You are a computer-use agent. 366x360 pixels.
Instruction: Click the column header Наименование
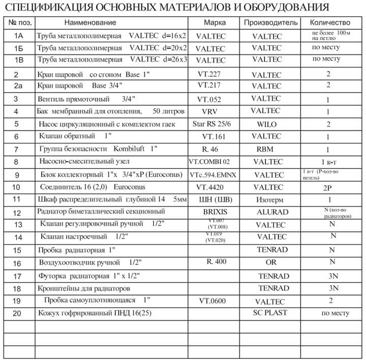click(x=90, y=23)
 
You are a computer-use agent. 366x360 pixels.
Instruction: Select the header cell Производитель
click(x=270, y=23)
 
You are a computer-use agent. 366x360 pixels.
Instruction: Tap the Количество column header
click(x=330, y=23)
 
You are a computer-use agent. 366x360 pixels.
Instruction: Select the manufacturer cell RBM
click(x=265, y=149)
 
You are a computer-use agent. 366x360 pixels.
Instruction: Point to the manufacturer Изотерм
click(x=266, y=200)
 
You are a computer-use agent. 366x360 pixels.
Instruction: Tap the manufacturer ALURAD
click(x=273, y=212)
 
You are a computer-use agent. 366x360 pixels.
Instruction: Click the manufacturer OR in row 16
click(x=271, y=262)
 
